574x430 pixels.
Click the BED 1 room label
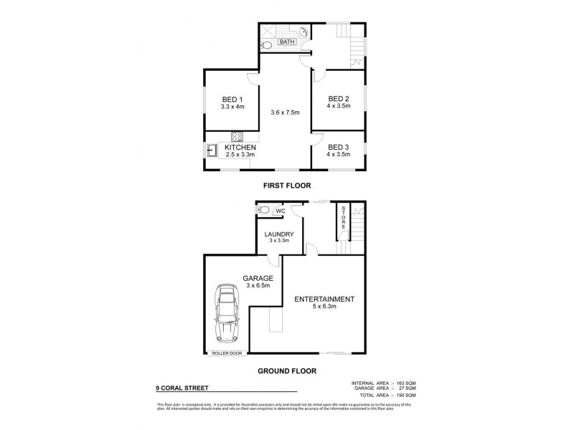[x=232, y=100]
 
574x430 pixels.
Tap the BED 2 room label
[x=338, y=99]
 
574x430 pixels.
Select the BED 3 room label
[x=338, y=147]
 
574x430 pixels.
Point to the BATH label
[x=286, y=42]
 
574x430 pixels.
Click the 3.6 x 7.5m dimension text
[x=285, y=113]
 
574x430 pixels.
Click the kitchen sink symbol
[x=213, y=150]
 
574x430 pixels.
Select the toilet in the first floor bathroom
[x=267, y=44]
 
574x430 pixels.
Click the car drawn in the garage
[x=227, y=315]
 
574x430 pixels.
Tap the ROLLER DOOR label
[x=227, y=353]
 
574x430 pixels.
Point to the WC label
[x=281, y=211]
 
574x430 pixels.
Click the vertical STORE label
[x=344, y=217]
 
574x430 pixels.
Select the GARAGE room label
[x=257, y=278]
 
